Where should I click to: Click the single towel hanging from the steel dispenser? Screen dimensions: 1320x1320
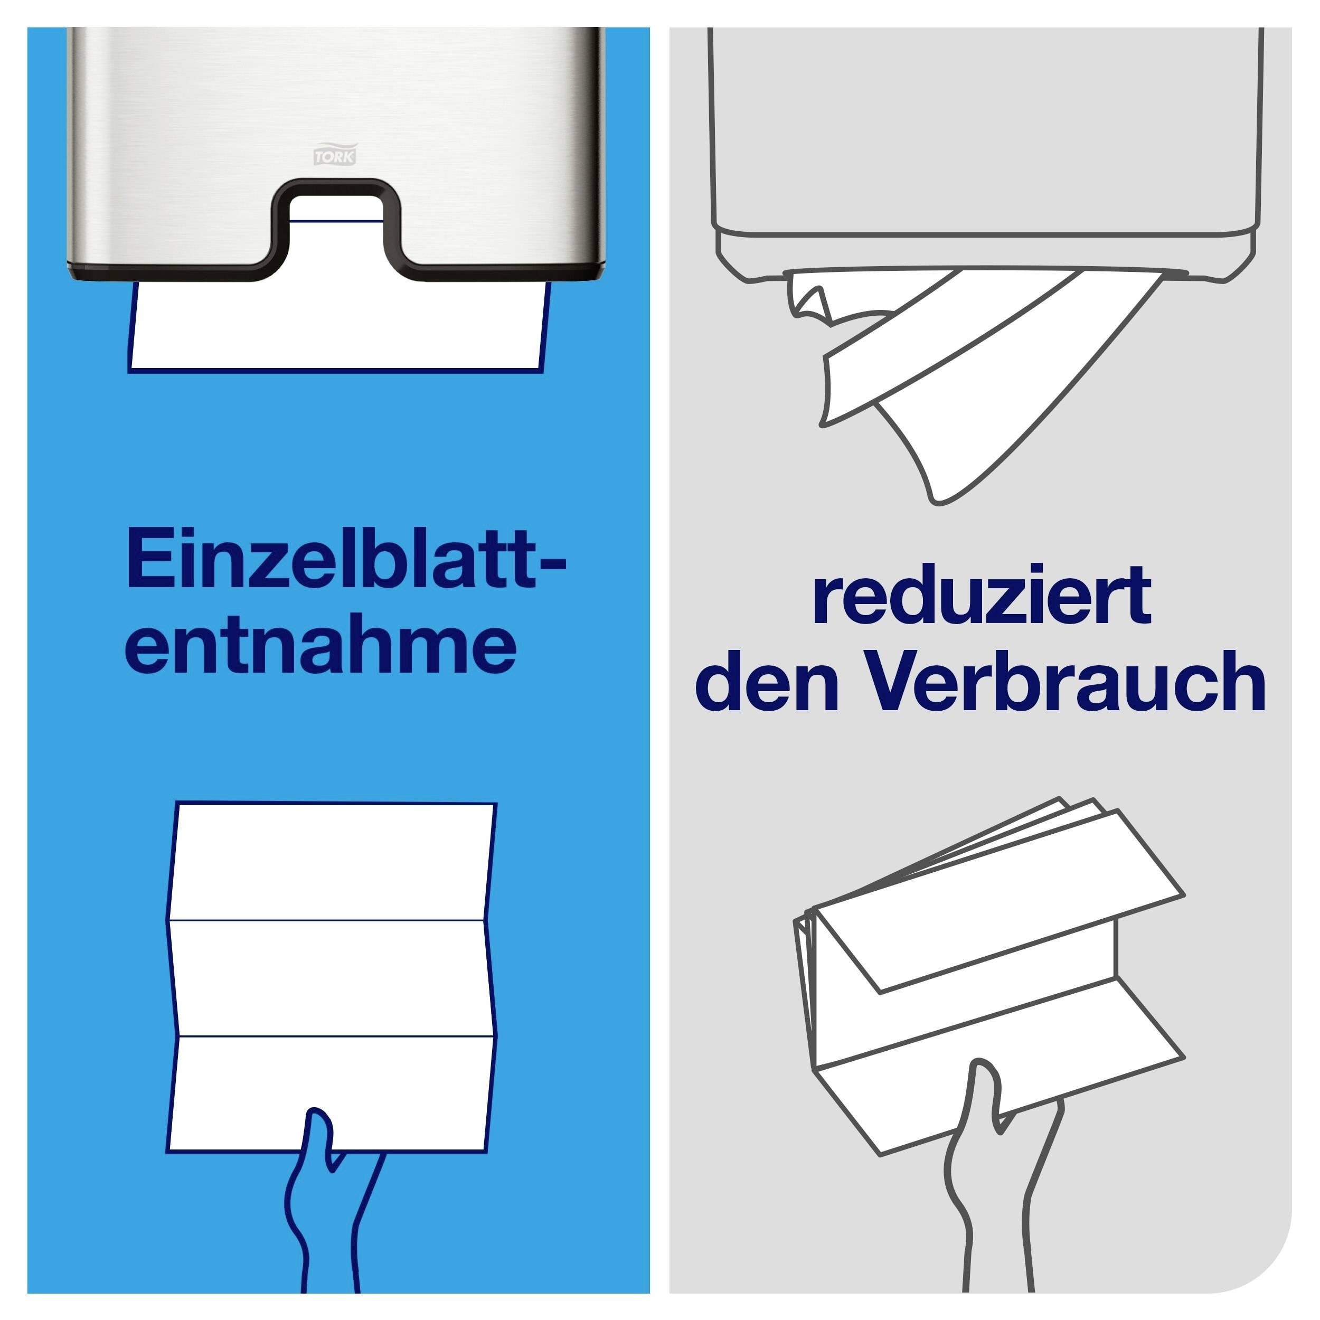(x=338, y=332)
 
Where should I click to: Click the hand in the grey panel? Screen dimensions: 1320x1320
(x=991, y=1195)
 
